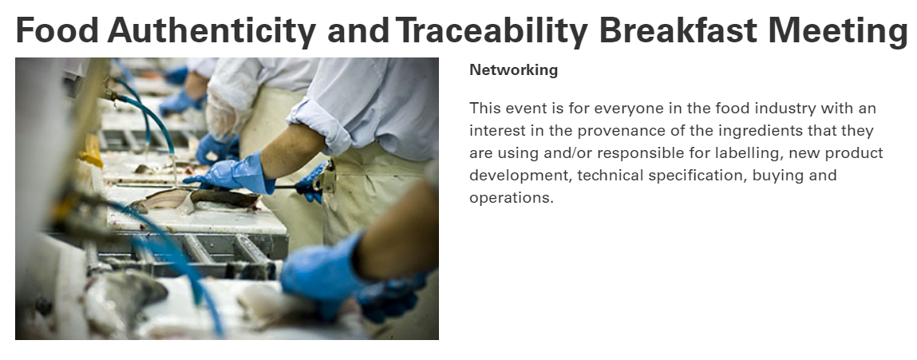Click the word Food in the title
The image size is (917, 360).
pos(57,30)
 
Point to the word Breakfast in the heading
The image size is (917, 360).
pos(678,30)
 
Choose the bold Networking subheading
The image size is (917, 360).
pos(513,70)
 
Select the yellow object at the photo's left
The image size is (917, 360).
pos(91,150)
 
